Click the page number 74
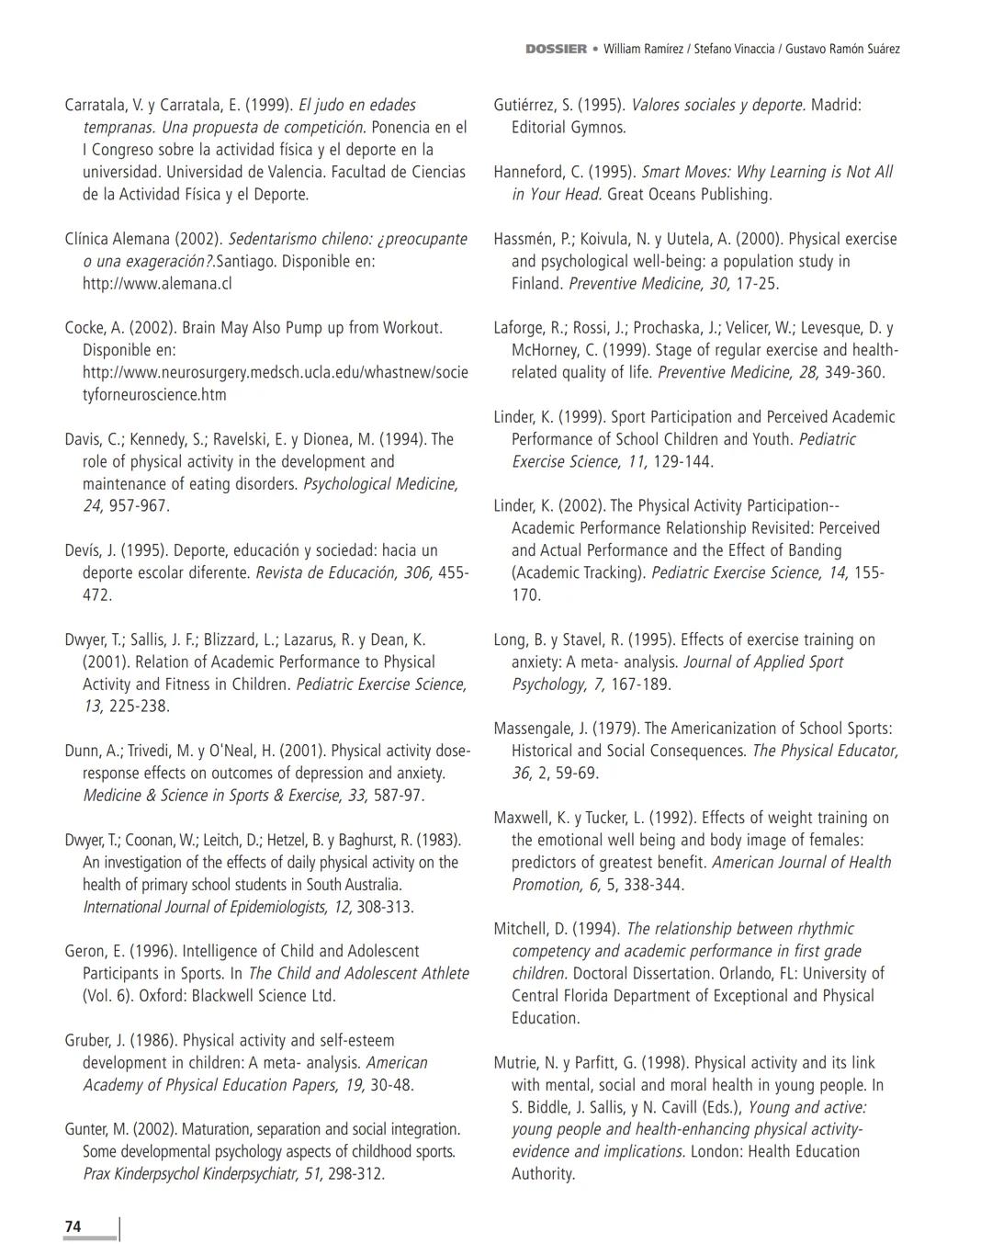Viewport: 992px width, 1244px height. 73,1227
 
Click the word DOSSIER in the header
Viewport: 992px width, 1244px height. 556,49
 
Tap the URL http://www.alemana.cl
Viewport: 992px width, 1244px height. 157,283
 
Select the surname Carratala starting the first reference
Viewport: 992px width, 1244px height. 98,105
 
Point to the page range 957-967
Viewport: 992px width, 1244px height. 139,505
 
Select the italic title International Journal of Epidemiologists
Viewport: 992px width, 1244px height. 203,907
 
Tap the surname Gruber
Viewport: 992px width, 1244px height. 87,1040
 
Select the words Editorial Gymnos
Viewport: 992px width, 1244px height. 569,127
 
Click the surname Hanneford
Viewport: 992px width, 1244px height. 529,172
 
